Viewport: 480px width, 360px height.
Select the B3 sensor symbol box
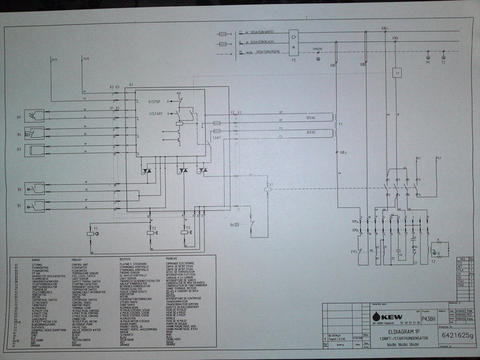[x=37, y=148]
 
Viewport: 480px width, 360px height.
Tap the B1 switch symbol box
[x=37, y=206]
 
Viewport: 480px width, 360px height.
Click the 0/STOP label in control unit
[x=157, y=103]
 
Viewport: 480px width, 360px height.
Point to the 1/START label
[x=157, y=114]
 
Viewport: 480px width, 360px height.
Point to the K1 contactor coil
[x=270, y=188]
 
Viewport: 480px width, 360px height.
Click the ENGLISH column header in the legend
[x=80, y=259]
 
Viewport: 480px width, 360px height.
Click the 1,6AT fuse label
[x=217, y=137]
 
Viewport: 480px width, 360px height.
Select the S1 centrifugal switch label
[x=415, y=262]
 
